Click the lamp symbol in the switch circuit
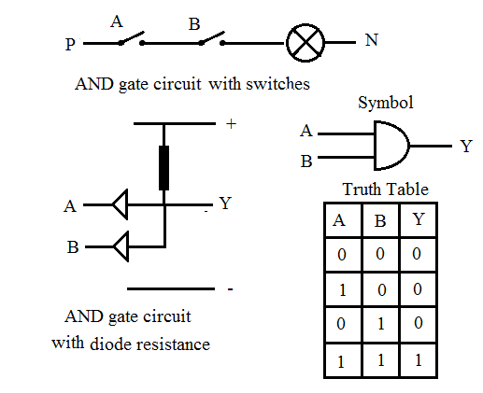click(304, 43)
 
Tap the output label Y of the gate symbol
click(465, 146)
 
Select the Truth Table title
click(385, 189)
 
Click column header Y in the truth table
click(419, 221)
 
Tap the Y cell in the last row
click(419, 358)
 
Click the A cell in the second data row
click(342, 289)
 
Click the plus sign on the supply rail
click(231, 124)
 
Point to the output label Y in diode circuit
click(224, 203)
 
